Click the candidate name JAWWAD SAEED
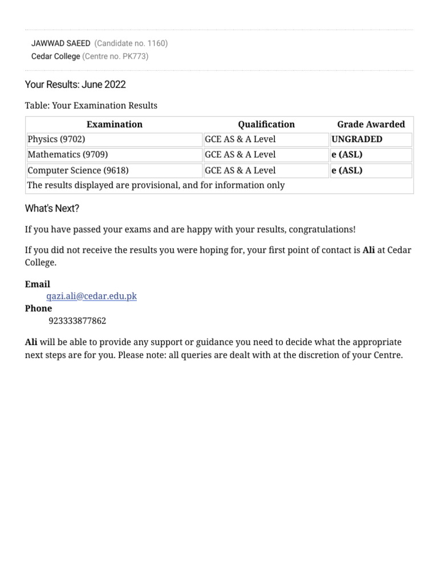tap(60, 43)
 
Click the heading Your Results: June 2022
tap(75, 84)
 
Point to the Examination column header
tap(114, 124)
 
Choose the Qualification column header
tap(266, 124)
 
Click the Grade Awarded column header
tap(371, 124)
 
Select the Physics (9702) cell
tap(56, 139)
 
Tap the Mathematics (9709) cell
tap(67, 155)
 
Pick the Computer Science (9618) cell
tap(78, 171)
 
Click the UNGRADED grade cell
tap(357, 139)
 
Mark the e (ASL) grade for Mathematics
tap(347, 155)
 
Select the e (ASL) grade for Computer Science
tap(347, 171)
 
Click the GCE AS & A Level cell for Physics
tap(240, 139)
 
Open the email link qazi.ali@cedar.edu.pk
tap(91, 296)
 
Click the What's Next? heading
tap(52, 209)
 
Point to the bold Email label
tap(38, 284)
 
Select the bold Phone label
tap(38, 309)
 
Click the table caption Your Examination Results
tap(91, 106)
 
